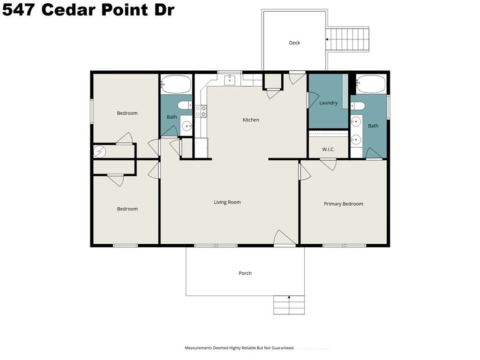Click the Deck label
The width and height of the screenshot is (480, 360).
[x=294, y=43]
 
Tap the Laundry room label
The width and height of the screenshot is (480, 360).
[x=329, y=103]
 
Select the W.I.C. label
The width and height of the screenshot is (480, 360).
[x=328, y=150]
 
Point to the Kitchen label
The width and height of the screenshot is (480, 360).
[x=251, y=120]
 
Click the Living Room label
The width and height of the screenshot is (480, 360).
[x=227, y=202]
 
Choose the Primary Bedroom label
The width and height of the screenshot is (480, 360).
[x=344, y=204]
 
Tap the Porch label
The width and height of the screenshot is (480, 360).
[x=245, y=273]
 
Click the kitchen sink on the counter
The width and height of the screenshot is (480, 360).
[x=230, y=80]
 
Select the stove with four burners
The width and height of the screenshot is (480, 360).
[x=201, y=111]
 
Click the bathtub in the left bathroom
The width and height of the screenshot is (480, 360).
[x=176, y=84]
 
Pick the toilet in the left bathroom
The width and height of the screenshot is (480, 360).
[x=185, y=105]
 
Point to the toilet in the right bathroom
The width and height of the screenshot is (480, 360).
[x=358, y=106]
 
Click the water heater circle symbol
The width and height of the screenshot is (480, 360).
[x=99, y=151]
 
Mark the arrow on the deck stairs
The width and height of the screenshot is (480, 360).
[x=327, y=39]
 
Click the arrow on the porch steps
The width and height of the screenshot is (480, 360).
[x=289, y=297]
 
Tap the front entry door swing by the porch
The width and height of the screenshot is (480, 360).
[x=284, y=238]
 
